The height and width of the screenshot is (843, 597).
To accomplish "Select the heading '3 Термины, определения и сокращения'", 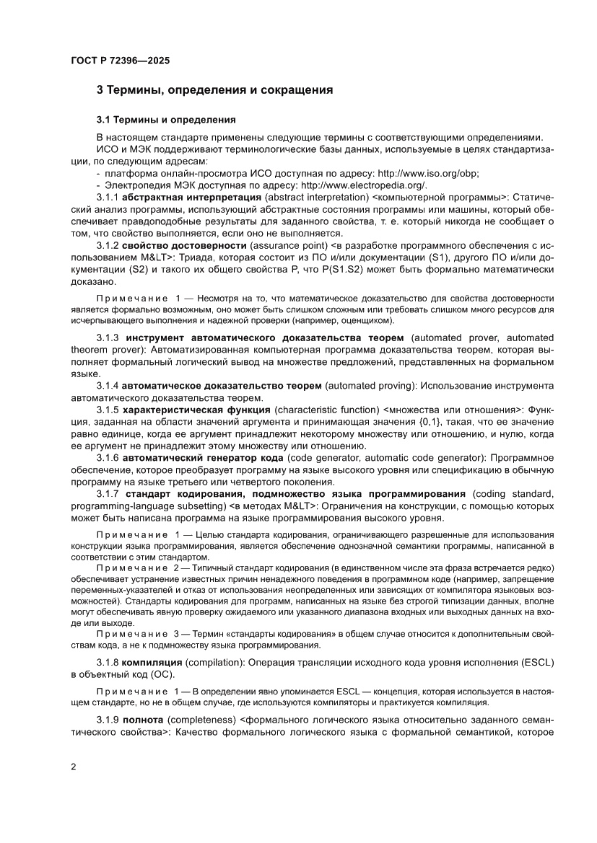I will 214,90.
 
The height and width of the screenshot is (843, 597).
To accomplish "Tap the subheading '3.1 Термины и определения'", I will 165,118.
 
